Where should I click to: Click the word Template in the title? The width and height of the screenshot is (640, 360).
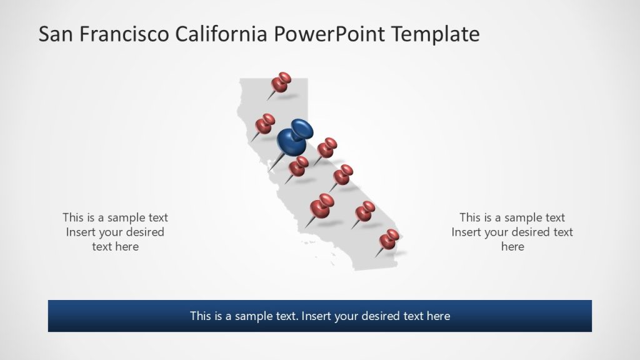[x=436, y=34]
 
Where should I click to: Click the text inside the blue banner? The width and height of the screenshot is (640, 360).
[x=320, y=316]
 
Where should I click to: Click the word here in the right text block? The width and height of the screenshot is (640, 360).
[x=512, y=247]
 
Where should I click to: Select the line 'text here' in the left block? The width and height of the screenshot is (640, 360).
[x=115, y=247]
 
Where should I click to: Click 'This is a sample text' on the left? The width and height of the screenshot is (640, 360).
[x=115, y=217]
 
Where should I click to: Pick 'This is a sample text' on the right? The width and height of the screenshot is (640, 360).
[x=512, y=217]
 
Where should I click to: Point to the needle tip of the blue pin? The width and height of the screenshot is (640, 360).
[x=269, y=171]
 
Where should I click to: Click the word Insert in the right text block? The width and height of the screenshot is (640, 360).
[x=467, y=232]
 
